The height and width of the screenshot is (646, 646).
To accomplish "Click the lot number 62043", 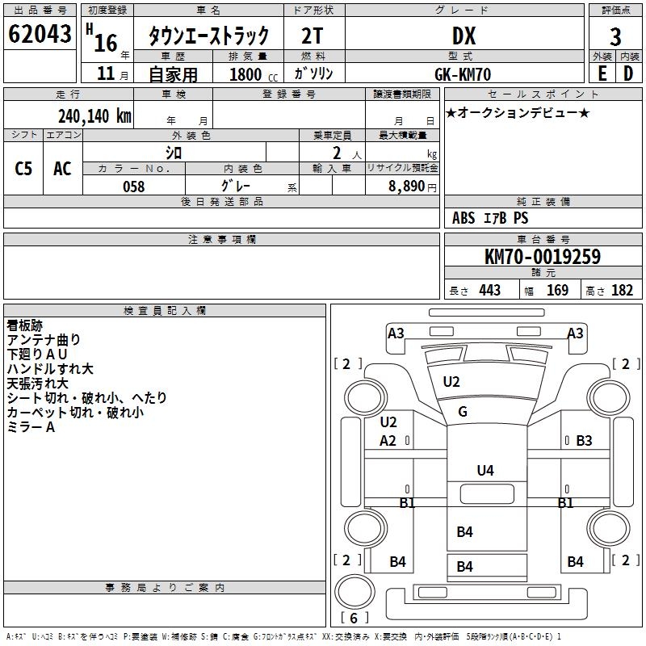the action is point(40,35).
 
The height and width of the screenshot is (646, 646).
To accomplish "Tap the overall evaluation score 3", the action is point(615,36).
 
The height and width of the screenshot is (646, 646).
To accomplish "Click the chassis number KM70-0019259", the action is point(542,257).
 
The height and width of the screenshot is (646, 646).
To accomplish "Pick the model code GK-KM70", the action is point(464,73).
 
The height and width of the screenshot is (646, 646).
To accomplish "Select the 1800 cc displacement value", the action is point(245,74).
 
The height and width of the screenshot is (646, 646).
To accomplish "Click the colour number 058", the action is point(133,186).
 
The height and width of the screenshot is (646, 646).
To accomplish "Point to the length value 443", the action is point(489,291).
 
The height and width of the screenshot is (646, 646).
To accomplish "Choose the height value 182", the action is point(623,291).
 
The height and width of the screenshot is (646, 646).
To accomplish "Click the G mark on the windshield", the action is point(463,412).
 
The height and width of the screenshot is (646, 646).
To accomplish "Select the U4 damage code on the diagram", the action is point(485,470).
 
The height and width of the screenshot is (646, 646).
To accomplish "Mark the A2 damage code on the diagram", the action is point(388,440).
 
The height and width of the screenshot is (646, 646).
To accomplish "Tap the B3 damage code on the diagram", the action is point(584,440).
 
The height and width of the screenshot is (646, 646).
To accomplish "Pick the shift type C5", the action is point(23,168).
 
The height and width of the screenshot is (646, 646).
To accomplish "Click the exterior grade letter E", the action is point(602,73).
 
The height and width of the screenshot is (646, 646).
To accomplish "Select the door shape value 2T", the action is point(313,36).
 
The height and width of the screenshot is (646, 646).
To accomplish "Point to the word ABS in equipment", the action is point(464,218).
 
